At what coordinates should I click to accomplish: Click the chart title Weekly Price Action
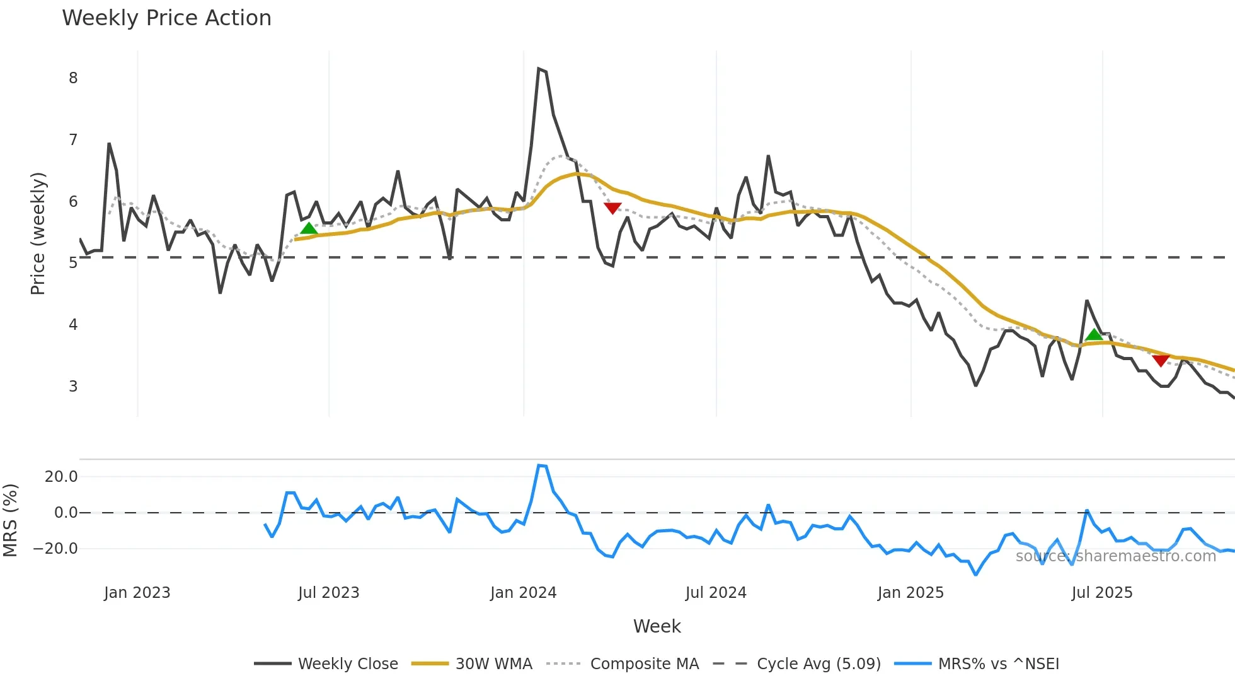(x=166, y=18)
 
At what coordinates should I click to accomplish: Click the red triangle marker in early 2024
(x=612, y=208)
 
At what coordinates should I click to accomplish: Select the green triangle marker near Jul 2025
(x=1094, y=335)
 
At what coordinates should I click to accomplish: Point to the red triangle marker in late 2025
(x=1161, y=360)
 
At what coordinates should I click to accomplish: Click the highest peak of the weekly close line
(x=539, y=69)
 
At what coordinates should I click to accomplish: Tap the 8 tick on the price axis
(x=73, y=78)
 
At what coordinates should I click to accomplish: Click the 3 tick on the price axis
(x=73, y=386)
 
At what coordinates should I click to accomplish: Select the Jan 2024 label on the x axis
(x=523, y=593)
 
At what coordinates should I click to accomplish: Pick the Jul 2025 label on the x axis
(x=1101, y=593)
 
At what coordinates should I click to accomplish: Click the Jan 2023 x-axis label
(x=137, y=593)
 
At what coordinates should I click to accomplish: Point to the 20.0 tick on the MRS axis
(x=61, y=477)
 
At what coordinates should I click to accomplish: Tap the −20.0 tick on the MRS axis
(x=55, y=549)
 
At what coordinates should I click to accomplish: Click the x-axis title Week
(x=657, y=626)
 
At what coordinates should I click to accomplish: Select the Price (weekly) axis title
(x=38, y=233)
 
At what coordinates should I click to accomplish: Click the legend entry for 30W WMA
(x=493, y=664)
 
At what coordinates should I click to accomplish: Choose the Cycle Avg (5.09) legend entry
(x=818, y=664)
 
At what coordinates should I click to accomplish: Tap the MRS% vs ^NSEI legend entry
(x=998, y=664)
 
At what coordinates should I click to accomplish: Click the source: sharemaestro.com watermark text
(x=1115, y=556)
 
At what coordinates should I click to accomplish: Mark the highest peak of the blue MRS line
(x=539, y=465)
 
